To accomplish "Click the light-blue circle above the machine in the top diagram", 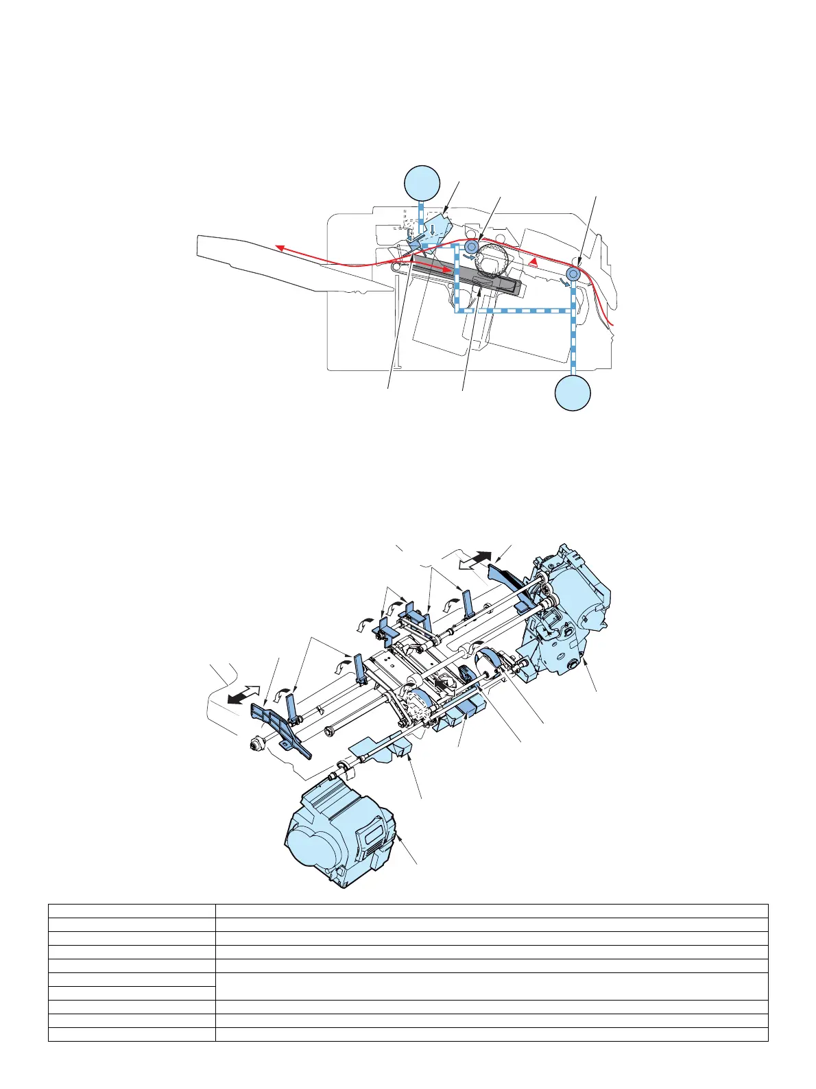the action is (421, 182).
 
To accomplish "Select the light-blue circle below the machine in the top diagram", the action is (573, 393).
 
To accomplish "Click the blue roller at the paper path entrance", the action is (573, 274).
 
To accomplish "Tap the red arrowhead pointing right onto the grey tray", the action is (448, 272).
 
